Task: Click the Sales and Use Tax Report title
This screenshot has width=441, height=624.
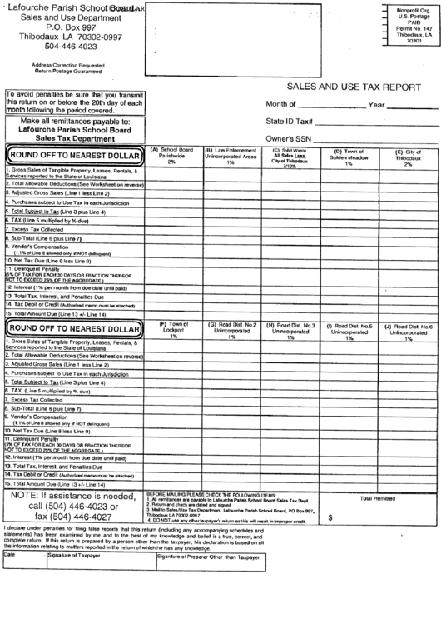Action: [354, 86]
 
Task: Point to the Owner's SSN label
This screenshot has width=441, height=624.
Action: [288, 138]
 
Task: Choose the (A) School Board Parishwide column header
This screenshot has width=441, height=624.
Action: [171, 157]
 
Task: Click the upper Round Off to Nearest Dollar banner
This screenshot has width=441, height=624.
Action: [74, 155]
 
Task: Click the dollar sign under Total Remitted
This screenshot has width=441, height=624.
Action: [331, 517]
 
